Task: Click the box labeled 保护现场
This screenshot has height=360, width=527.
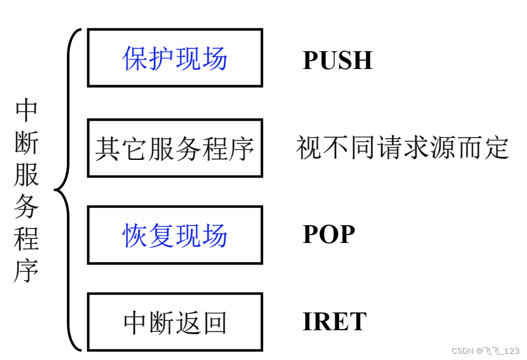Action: [x=175, y=58]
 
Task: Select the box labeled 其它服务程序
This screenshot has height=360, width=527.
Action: [x=175, y=148]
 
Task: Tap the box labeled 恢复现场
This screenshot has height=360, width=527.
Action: [x=175, y=235]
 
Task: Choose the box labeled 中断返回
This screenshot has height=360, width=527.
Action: [x=175, y=322]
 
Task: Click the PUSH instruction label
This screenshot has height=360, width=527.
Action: [x=337, y=61]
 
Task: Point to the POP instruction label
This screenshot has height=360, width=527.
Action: [x=329, y=235]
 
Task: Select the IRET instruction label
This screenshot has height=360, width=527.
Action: [x=334, y=322]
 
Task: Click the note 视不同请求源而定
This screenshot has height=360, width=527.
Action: [x=402, y=148]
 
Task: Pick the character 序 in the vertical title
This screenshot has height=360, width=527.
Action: [x=27, y=271]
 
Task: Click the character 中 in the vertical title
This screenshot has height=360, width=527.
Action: [x=27, y=109]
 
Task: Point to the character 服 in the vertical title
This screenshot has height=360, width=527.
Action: [x=27, y=175]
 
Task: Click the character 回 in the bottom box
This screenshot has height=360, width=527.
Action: [x=215, y=322]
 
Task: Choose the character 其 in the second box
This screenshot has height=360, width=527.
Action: [x=108, y=148]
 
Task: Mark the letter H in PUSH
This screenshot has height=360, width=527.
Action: [x=362, y=61]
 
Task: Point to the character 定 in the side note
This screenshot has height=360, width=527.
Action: [x=496, y=148]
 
